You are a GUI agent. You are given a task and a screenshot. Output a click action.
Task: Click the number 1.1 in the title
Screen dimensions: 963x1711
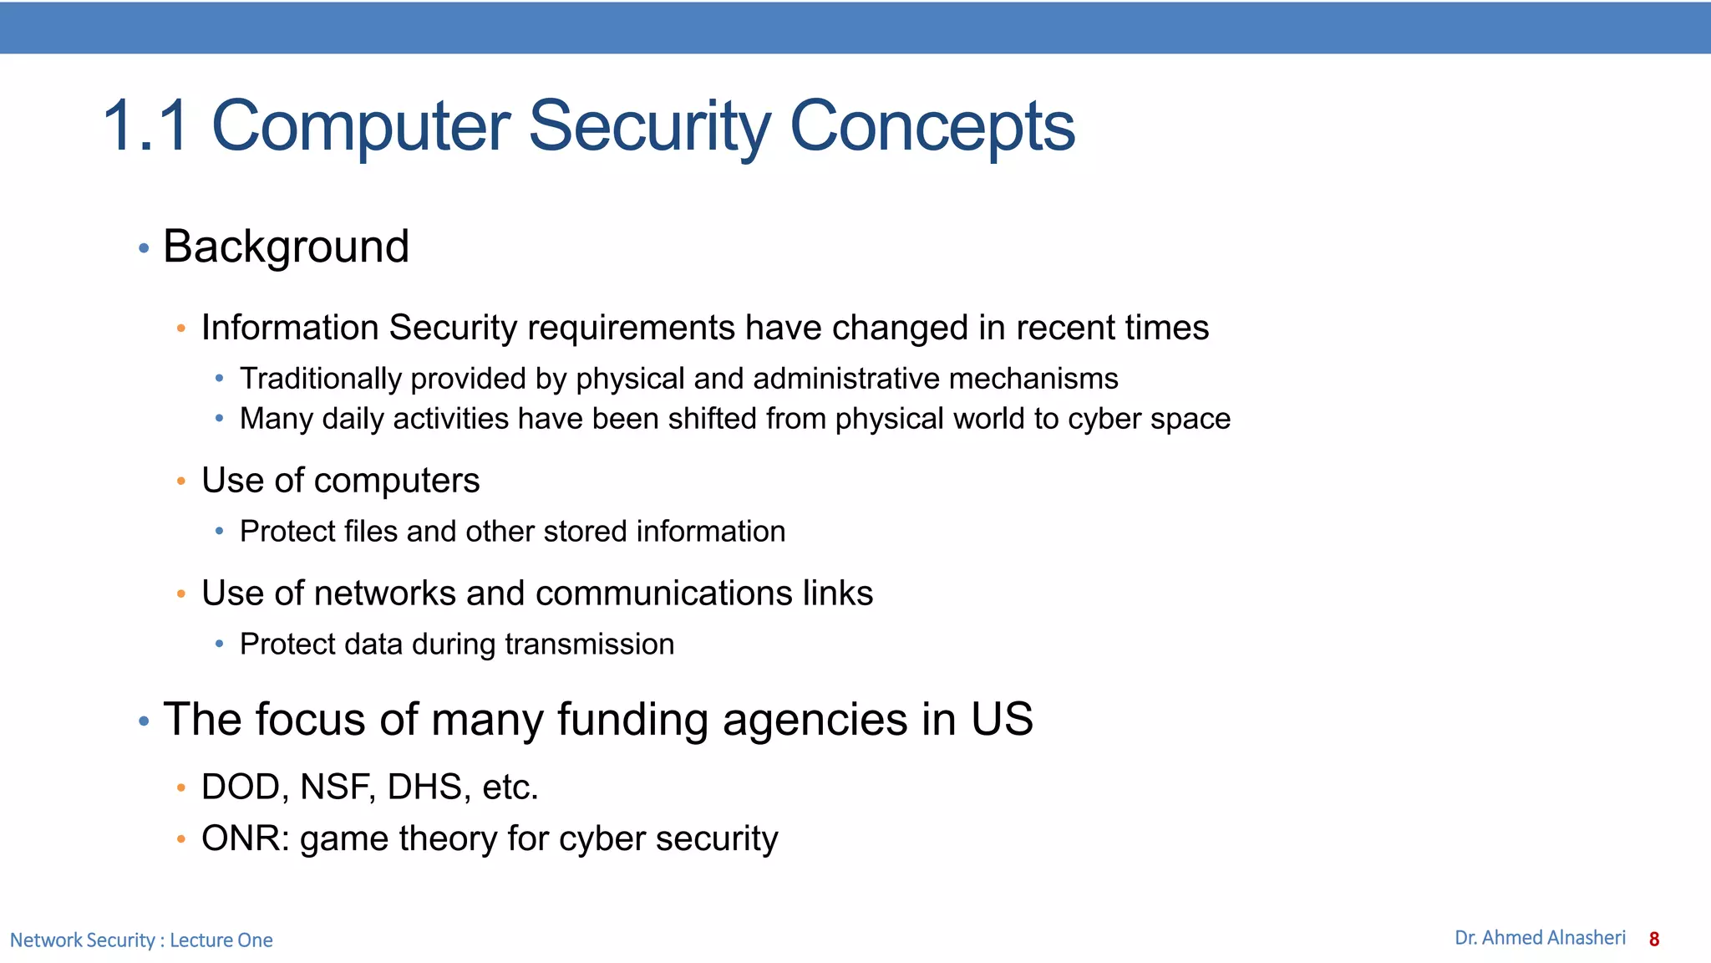(x=146, y=127)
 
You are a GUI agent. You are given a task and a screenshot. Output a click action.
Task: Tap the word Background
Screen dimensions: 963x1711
(x=286, y=247)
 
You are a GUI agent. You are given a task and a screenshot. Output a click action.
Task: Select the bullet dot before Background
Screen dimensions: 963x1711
(x=144, y=248)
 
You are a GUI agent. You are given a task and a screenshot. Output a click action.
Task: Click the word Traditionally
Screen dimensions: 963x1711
(x=320, y=380)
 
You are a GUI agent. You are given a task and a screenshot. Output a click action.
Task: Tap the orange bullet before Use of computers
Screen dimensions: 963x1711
(x=181, y=481)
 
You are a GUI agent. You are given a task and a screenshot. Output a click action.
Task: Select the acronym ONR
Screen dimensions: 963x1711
(x=243, y=838)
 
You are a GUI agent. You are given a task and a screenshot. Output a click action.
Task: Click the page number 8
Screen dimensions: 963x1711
(x=1653, y=940)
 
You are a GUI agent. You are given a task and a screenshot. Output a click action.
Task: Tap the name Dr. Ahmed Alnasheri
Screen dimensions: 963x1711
(x=1539, y=938)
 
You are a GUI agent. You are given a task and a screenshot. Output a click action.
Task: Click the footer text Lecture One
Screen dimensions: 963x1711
(x=221, y=940)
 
